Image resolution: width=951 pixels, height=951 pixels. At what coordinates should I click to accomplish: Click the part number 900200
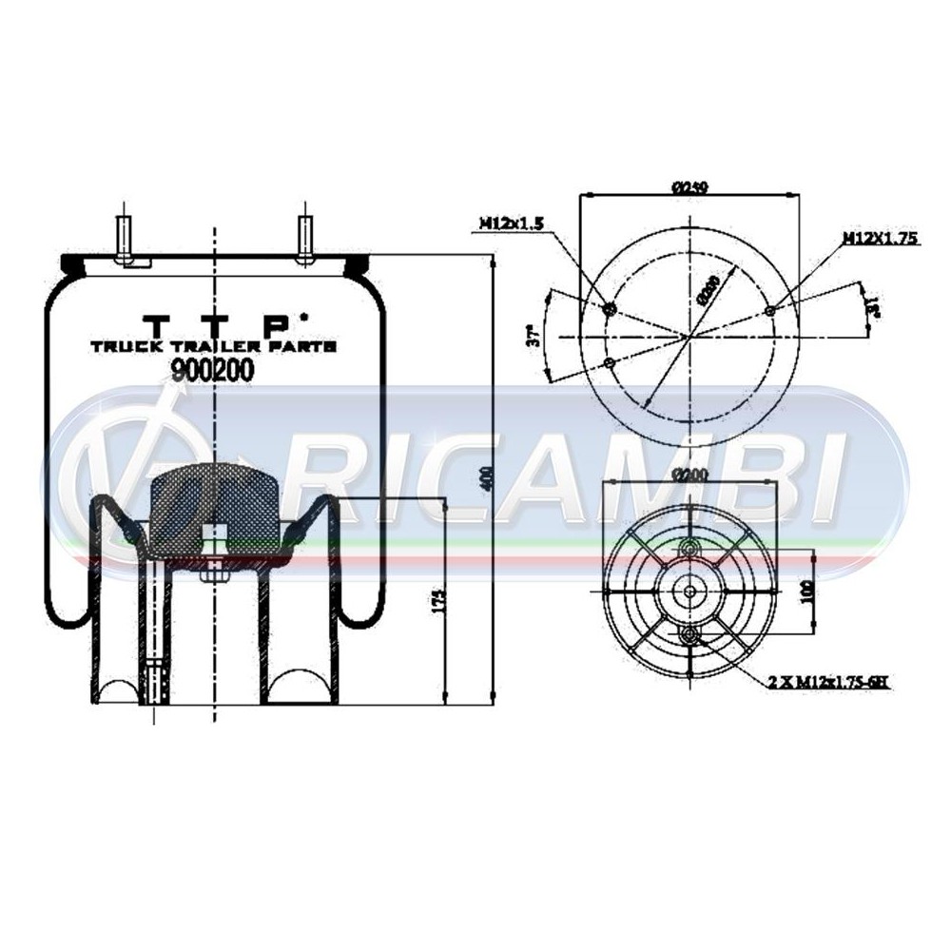[211, 372]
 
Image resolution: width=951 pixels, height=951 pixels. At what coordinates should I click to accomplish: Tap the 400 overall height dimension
[486, 481]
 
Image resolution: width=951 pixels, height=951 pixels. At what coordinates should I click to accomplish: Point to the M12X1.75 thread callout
[879, 239]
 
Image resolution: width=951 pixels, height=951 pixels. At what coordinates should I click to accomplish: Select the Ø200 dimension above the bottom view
[688, 474]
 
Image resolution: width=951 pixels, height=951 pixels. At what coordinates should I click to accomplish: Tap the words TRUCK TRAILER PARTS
[213, 348]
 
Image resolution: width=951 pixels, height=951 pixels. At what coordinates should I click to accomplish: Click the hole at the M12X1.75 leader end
[769, 310]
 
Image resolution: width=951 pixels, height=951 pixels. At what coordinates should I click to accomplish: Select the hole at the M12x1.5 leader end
[610, 308]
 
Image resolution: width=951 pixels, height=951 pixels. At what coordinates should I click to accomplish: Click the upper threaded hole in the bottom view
[689, 548]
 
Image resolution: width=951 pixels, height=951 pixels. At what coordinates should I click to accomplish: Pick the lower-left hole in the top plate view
[610, 363]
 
